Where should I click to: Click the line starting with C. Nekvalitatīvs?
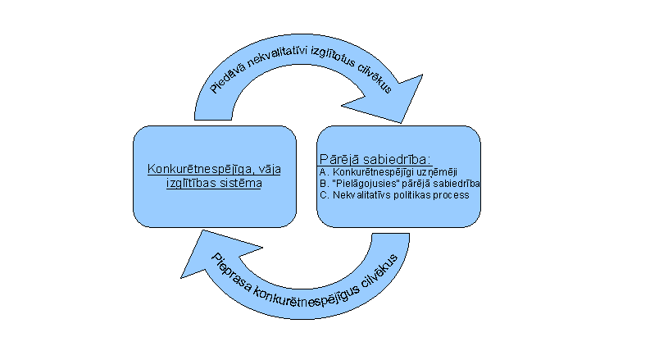(394, 196)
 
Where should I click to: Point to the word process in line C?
(451, 196)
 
